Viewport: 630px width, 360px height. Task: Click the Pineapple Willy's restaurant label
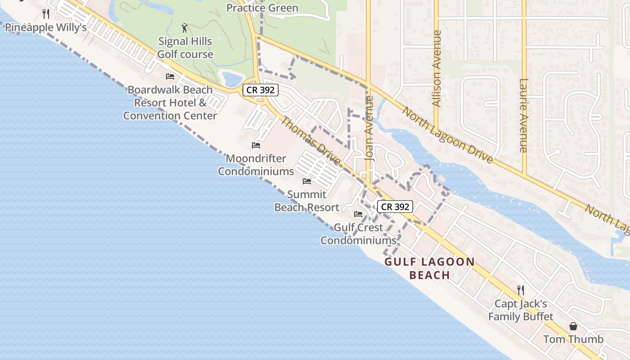45,28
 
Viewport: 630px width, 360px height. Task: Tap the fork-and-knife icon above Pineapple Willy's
45,14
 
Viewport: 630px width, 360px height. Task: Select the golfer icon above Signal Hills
184,28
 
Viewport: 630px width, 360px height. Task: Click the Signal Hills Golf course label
185,48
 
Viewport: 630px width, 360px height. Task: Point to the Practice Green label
262,8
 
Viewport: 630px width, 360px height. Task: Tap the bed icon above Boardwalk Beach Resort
170,76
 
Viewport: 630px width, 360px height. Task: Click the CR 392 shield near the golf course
261,90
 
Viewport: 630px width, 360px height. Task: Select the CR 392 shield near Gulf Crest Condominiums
395,207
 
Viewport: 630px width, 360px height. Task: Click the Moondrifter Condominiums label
256,165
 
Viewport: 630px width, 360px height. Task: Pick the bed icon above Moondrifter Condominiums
256,145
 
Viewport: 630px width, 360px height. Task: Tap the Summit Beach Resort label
307,201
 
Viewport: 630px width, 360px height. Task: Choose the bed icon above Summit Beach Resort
307,181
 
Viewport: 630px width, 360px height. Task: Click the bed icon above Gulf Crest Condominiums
358,214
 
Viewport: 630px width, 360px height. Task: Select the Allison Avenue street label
436,68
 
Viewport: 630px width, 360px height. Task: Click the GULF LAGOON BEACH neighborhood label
430,269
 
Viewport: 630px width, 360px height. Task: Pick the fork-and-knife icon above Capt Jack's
521,290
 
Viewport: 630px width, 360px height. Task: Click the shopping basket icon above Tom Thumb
573,326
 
